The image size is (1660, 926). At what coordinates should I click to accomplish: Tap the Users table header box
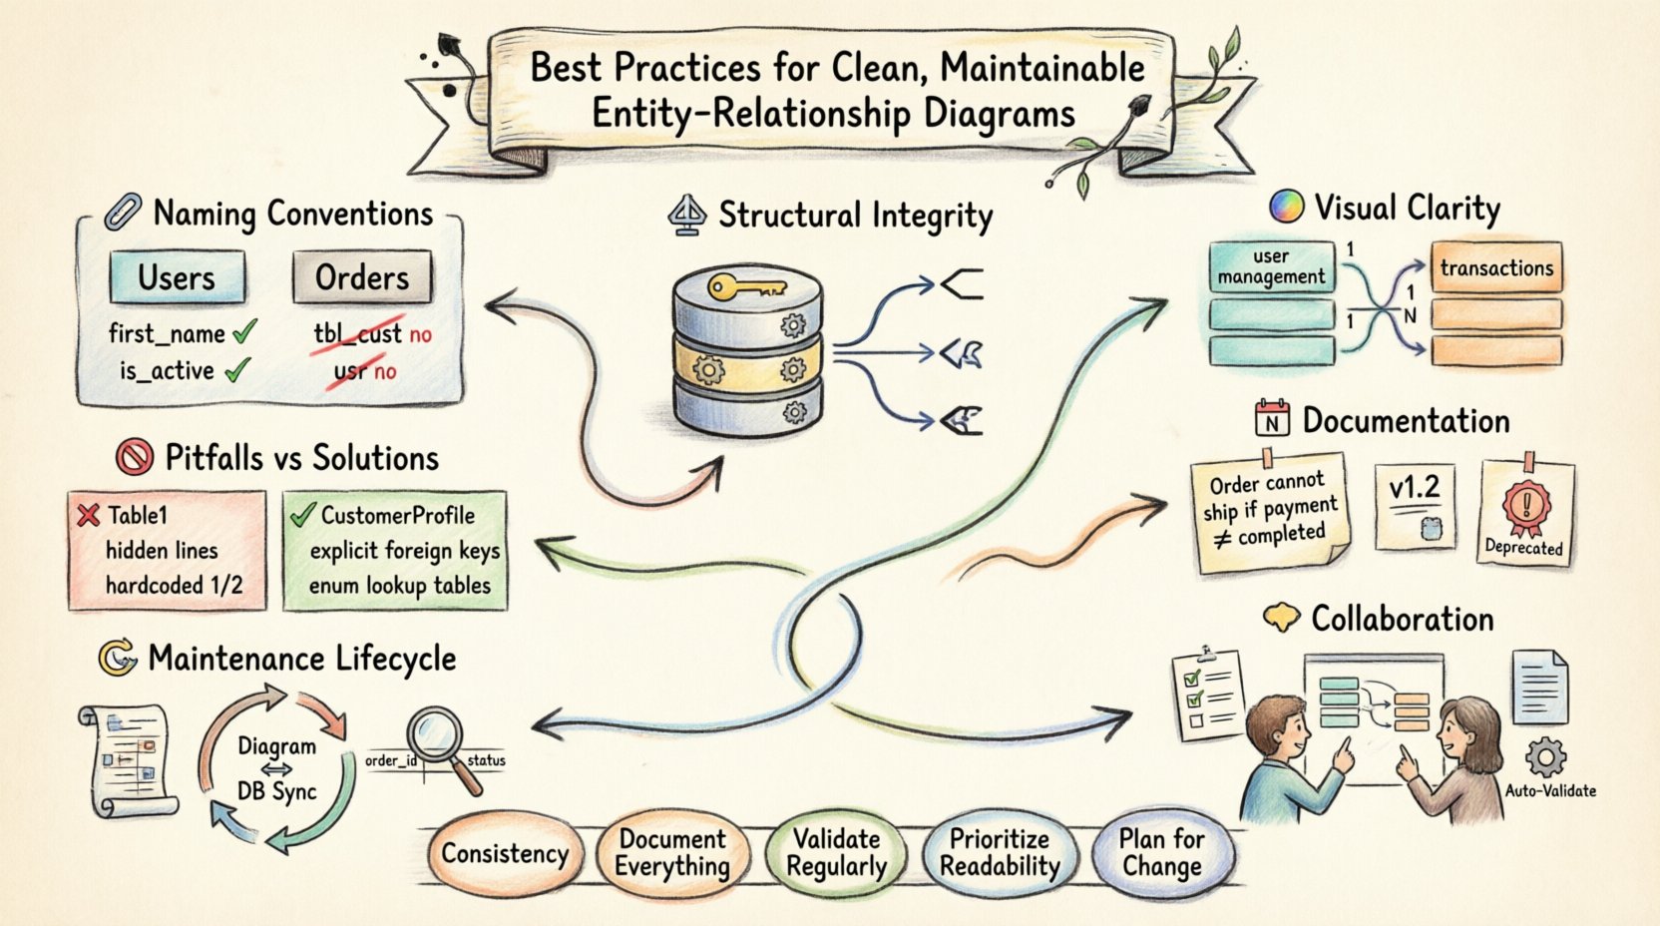(177, 277)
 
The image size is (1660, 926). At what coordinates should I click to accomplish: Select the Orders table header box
(362, 277)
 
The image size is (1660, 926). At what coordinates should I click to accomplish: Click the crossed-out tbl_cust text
(357, 334)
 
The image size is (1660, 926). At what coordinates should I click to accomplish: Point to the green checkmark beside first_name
(243, 332)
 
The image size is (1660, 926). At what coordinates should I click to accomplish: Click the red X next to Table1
(89, 515)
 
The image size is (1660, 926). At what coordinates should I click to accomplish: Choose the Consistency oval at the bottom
(504, 854)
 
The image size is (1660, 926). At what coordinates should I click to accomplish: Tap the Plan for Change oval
(1162, 853)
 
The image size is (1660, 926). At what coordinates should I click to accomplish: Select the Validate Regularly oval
(836, 853)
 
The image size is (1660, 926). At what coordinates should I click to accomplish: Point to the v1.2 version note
(1414, 505)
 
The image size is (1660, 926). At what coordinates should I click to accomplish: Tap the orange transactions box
(1496, 267)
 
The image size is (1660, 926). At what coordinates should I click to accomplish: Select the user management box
(1271, 266)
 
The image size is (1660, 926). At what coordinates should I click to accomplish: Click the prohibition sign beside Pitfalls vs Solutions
(134, 458)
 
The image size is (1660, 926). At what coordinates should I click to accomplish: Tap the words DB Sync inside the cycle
(276, 791)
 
